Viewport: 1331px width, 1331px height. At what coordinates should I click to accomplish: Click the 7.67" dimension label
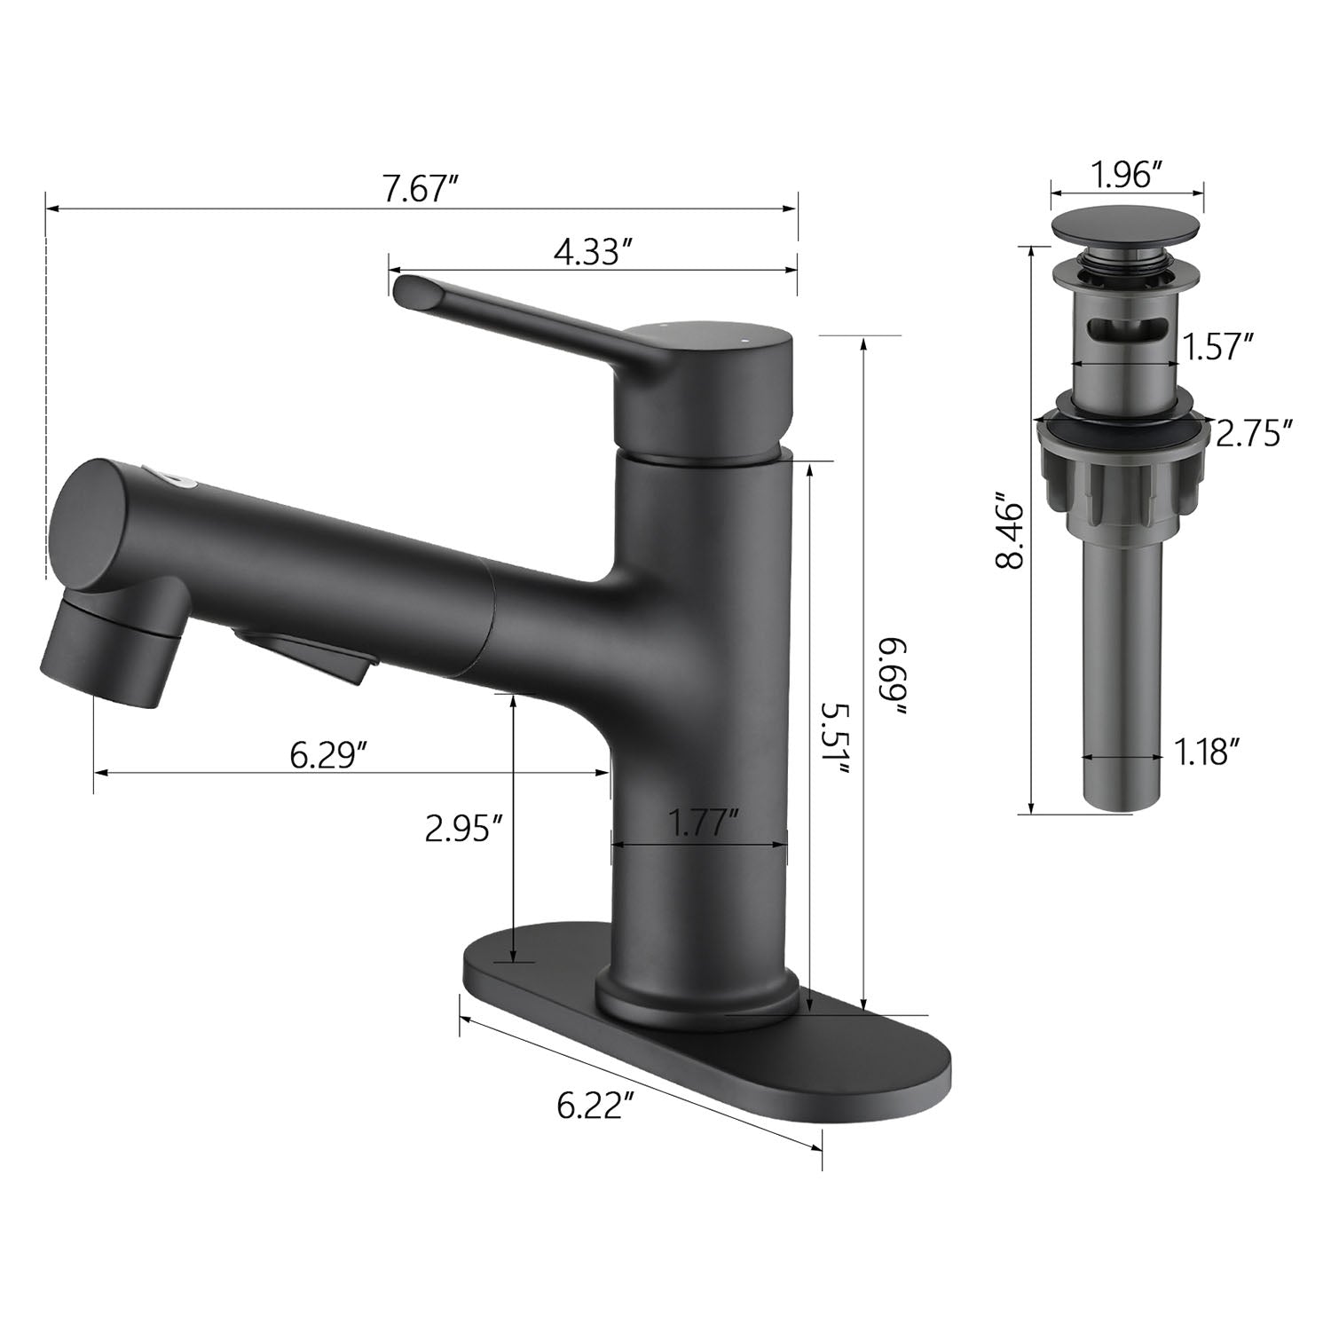point(420,190)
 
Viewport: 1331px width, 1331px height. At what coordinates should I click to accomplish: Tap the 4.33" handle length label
point(592,252)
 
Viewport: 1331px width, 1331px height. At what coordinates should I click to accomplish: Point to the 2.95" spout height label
point(465,829)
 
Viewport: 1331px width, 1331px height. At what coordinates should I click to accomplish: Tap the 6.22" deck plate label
point(595,1106)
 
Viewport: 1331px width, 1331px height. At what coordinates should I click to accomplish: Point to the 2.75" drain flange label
point(1252,434)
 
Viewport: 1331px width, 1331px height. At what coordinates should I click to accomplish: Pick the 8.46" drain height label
point(1011,532)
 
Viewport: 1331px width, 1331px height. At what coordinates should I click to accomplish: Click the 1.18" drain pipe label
point(1208,753)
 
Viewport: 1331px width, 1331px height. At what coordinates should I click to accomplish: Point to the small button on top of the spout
point(182,479)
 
